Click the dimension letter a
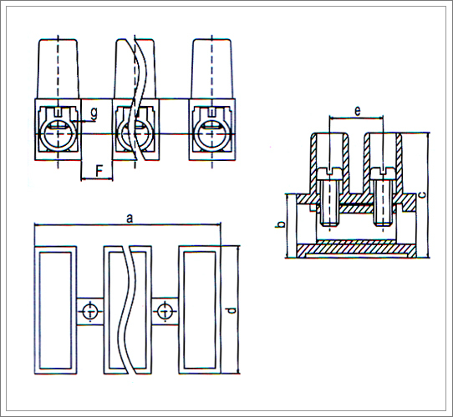pyautogui.click(x=130, y=219)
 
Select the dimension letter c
pyautogui.click(x=422, y=195)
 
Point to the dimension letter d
pyautogui.click(x=232, y=310)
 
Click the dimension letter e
pyautogui.click(x=358, y=111)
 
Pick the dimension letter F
pyautogui.click(x=99, y=172)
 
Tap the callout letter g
pyautogui.click(x=94, y=114)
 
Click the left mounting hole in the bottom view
pyautogui.click(x=90, y=312)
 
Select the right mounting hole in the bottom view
pyautogui.click(x=165, y=312)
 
